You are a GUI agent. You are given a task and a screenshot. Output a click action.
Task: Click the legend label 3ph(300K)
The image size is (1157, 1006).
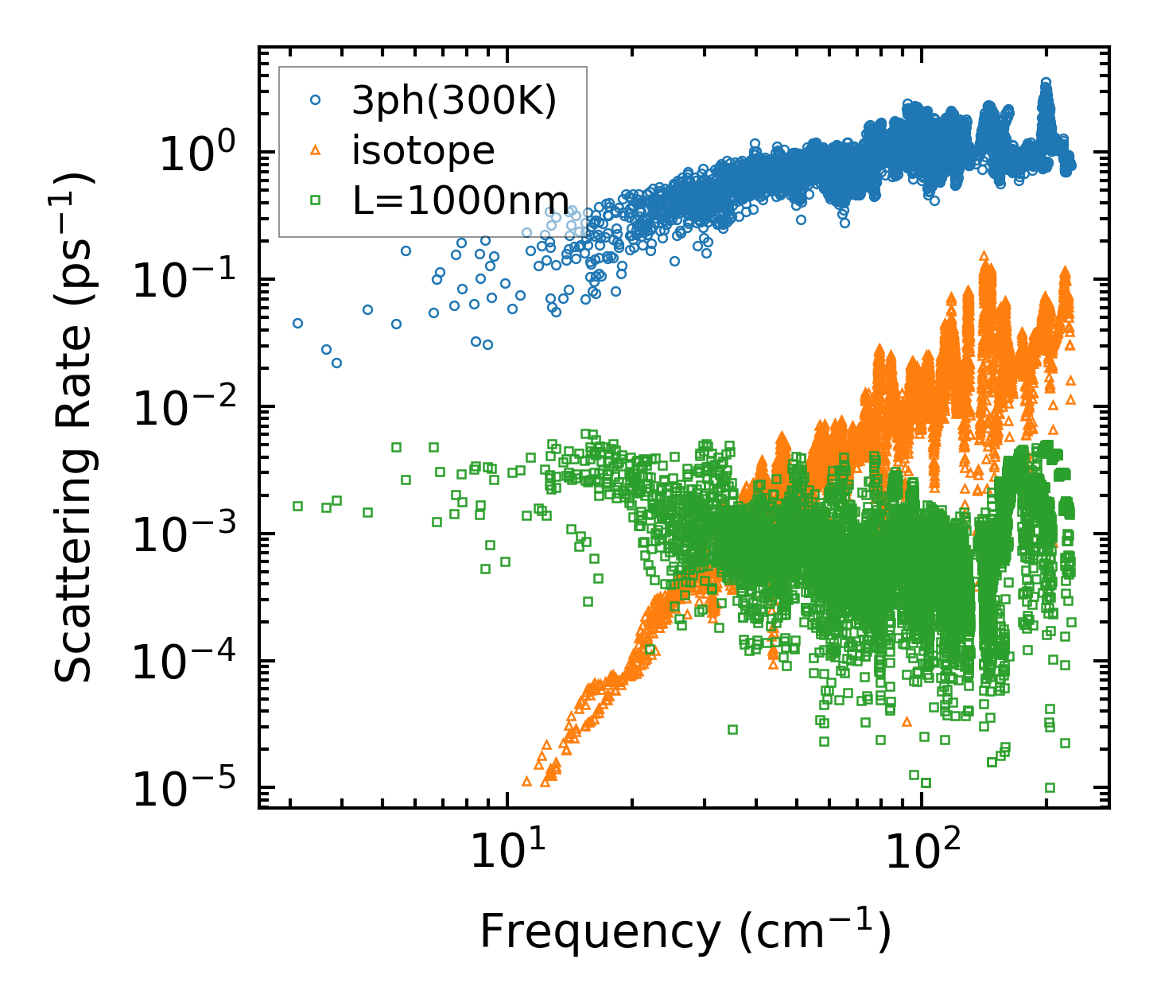(454, 101)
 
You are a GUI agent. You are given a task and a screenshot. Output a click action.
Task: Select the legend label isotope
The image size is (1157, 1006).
(423, 150)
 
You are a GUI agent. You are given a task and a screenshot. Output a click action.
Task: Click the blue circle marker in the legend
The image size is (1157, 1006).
(316, 101)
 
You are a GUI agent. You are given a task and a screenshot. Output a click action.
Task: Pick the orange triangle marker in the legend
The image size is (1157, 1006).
(316, 150)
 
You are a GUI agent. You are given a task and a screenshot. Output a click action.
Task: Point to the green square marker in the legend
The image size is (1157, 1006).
(316, 200)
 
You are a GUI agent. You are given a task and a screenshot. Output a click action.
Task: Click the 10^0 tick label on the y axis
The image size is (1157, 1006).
(196, 153)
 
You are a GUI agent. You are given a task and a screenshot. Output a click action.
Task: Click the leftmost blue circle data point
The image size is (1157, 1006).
(297, 323)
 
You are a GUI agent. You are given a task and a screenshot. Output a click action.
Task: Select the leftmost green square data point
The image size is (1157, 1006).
(297, 506)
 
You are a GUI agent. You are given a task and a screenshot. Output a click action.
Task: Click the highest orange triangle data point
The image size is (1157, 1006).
(984, 255)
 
